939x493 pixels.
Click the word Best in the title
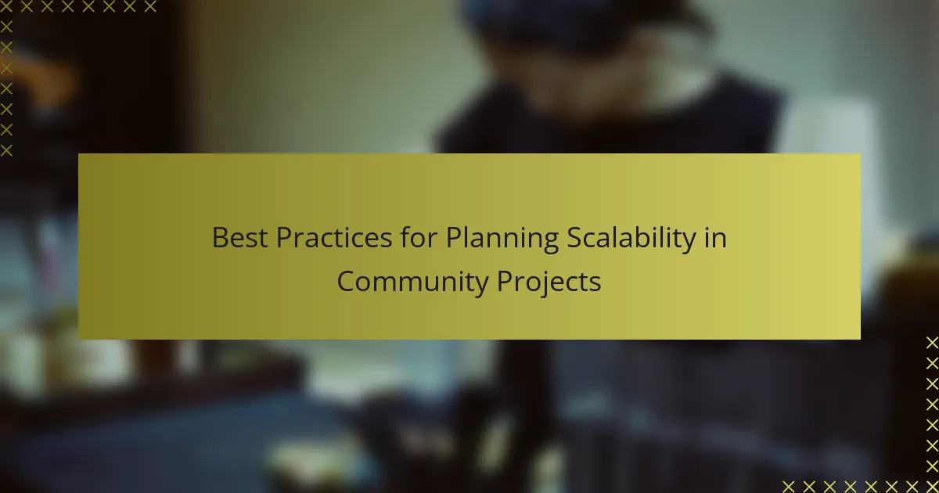pos(239,238)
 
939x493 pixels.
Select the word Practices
pos(334,238)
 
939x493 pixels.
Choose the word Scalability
pos(631,239)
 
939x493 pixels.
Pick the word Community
pos(413,283)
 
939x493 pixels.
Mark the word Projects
pos(549,283)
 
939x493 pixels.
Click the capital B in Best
pos(220,238)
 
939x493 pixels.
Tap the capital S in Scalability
pos(574,238)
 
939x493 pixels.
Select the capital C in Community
pos(346,281)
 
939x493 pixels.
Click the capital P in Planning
pos(453,238)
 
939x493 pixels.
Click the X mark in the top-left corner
pos(6,6)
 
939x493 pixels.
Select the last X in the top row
pos(150,6)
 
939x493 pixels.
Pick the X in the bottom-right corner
pos(933,487)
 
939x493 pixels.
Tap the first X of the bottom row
pos(789,487)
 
